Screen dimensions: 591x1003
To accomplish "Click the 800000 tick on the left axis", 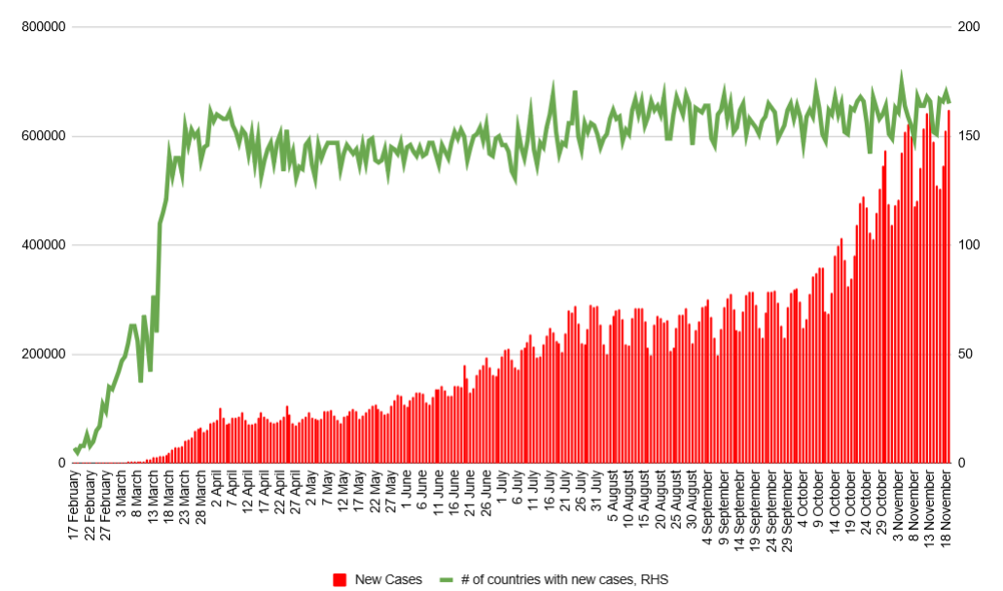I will pyautogui.click(x=43, y=27).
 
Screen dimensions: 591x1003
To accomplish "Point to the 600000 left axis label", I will pyautogui.click(x=43, y=136).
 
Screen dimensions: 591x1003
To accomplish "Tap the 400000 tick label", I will pyautogui.click(x=43, y=245).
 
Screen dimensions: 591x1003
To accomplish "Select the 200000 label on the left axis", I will pyautogui.click(x=43, y=354).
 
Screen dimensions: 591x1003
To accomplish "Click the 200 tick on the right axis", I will pyautogui.click(x=969, y=27).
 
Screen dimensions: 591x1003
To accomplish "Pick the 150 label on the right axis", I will pyautogui.click(x=969, y=136).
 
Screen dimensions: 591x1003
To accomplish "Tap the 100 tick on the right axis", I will pyautogui.click(x=969, y=245).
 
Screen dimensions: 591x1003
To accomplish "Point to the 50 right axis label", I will pyautogui.click(x=966, y=354).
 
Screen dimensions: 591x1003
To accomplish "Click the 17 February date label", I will pyautogui.click(x=74, y=506).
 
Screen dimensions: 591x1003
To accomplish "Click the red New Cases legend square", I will pyautogui.click(x=340, y=580).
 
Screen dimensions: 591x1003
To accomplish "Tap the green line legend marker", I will pyautogui.click(x=446, y=580).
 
